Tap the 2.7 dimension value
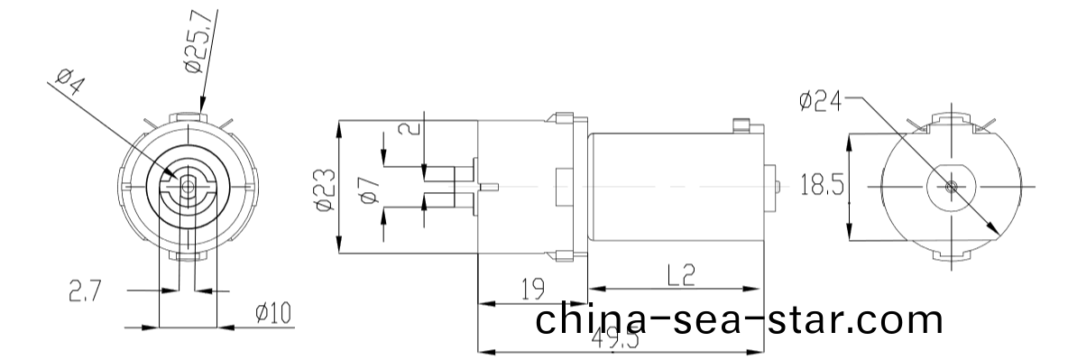(x=87, y=291)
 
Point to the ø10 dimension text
(x=272, y=314)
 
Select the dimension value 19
(x=532, y=289)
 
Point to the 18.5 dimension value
(x=822, y=186)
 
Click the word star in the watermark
(x=811, y=319)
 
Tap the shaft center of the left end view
(x=188, y=186)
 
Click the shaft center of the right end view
(x=953, y=186)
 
